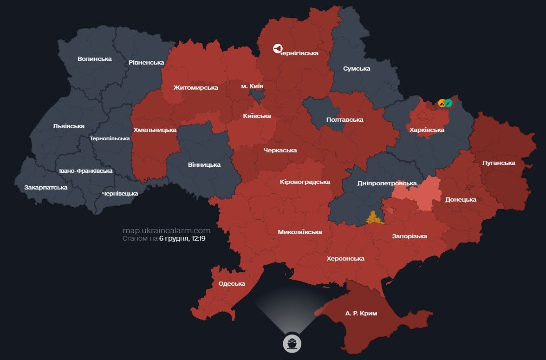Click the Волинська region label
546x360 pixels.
[x=95, y=59]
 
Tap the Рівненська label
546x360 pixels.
[x=147, y=62]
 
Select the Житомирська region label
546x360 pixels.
[x=195, y=87]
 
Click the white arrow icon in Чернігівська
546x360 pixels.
[x=277, y=48]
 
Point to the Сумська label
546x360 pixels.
[x=357, y=69]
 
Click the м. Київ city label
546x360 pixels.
[x=252, y=86]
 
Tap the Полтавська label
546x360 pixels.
[x=344, y=120]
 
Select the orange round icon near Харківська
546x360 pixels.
[x=442, y=103]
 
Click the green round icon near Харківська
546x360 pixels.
[x=448, y=103]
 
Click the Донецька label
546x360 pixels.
[x=461, y=200]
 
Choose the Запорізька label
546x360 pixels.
[x=409, y=236]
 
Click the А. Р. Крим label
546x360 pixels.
[x=361, y=314]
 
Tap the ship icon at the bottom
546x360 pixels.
[x=292, y=343]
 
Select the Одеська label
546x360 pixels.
[x=231, y=284]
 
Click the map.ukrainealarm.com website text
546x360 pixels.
[x=166, y=230]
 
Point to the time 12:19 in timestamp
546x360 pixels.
[x=198, y=239]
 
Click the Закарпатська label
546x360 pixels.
[x=46, y=188]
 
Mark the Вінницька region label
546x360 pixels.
[x=204, y=164]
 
